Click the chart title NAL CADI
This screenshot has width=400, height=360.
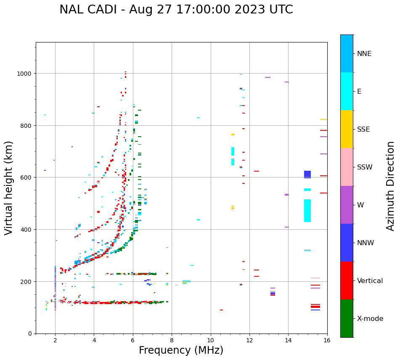[176, 10]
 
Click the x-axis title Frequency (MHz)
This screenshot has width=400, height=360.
[181, 350]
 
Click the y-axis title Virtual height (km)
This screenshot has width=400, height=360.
[9, 188]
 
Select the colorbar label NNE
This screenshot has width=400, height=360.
[364, 53]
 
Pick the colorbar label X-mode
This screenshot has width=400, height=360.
[370, 319]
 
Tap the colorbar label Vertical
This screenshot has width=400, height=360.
[370, 281]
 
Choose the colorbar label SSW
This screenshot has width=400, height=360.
[365, 167]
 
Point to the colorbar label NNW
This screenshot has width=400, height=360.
[366, 243]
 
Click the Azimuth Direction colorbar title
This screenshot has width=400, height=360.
[391, 186]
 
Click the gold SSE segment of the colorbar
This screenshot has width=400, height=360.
[347, 129]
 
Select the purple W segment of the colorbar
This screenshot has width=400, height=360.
[347, 205]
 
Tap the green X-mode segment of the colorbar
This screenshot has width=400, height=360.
[347, 318]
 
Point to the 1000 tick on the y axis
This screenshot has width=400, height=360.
[25, 74]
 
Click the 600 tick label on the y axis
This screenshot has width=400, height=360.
[26, 177]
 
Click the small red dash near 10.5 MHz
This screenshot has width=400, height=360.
[221, 310]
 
